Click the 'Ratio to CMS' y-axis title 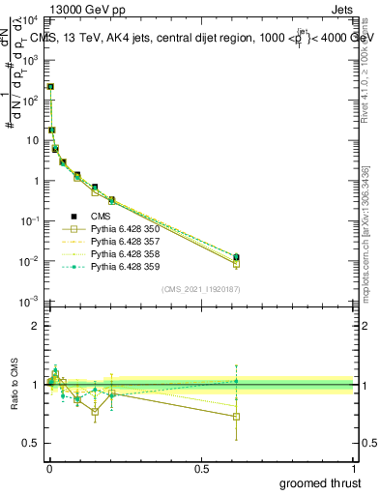coord(13,385)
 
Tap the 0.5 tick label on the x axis coord(201,468)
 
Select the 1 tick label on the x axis coord(353,468)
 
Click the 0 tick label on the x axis coord(49,468)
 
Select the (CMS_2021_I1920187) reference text coord(201,289)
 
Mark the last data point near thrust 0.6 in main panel coord(236,257)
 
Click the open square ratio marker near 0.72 coord(236,417)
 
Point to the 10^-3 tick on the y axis coord(33,302)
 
